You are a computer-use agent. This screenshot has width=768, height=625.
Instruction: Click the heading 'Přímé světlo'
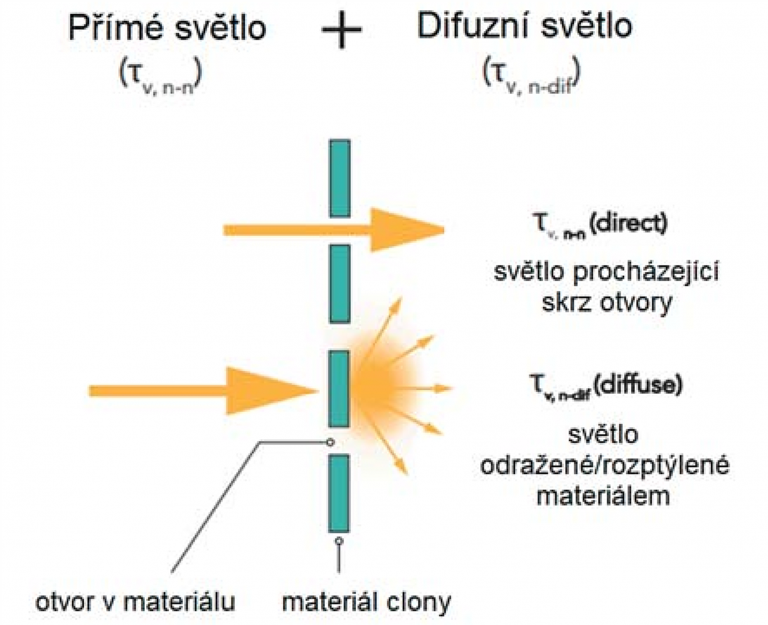pyautogui.click(x=167, y=28)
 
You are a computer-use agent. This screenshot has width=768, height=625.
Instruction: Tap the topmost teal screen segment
pyautogui.click(x=340, y=179)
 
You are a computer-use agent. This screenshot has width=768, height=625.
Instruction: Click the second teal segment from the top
pyautogui.click(x=340, y=283)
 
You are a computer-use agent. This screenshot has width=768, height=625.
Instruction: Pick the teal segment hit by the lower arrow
pyautogui.click(x=339, y=389)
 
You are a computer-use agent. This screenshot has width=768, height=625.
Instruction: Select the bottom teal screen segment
pyautogui.click(x=339, y=493)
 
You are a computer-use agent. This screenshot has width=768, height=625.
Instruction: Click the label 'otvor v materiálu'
pyautogui.click(x=135, y=602)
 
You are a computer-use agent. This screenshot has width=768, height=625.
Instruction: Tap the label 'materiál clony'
pyautogui.click(x=366, y=602)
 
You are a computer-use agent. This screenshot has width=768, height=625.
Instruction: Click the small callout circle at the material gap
pyautogui.click(x=331, y=443)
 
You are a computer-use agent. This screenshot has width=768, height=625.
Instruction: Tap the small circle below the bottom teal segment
pyautogui.click(x=339, y=540)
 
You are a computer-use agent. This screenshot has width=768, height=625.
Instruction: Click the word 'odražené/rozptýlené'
pyautogui.click(x=604, y=465)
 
